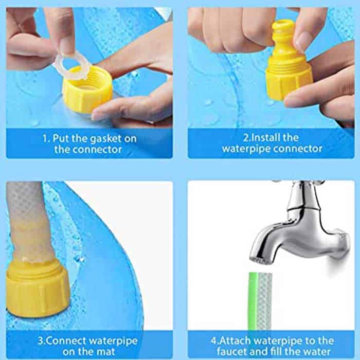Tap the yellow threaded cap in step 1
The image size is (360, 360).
88,90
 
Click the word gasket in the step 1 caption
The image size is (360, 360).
105,139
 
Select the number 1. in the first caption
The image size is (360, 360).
46,138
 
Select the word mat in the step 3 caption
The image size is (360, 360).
105,352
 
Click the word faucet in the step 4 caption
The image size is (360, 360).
231,352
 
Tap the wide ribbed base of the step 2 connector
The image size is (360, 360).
289,79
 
